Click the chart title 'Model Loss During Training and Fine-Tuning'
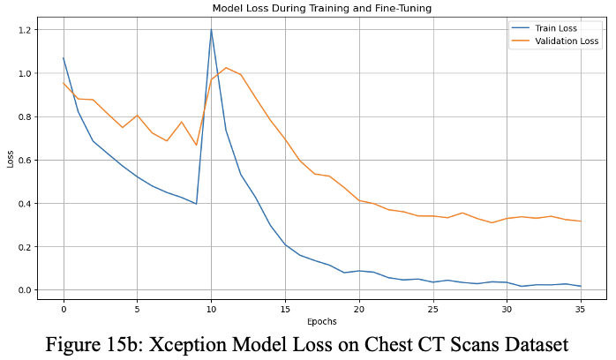322,8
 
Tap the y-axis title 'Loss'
9,160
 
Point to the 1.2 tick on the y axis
24,30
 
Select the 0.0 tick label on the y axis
24,290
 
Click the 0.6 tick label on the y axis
24,161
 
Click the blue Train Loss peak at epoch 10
211,30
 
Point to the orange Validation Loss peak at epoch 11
226,68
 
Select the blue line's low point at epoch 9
196,204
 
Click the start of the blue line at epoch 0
64,58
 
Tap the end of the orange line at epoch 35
580,221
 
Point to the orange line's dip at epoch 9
196,146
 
